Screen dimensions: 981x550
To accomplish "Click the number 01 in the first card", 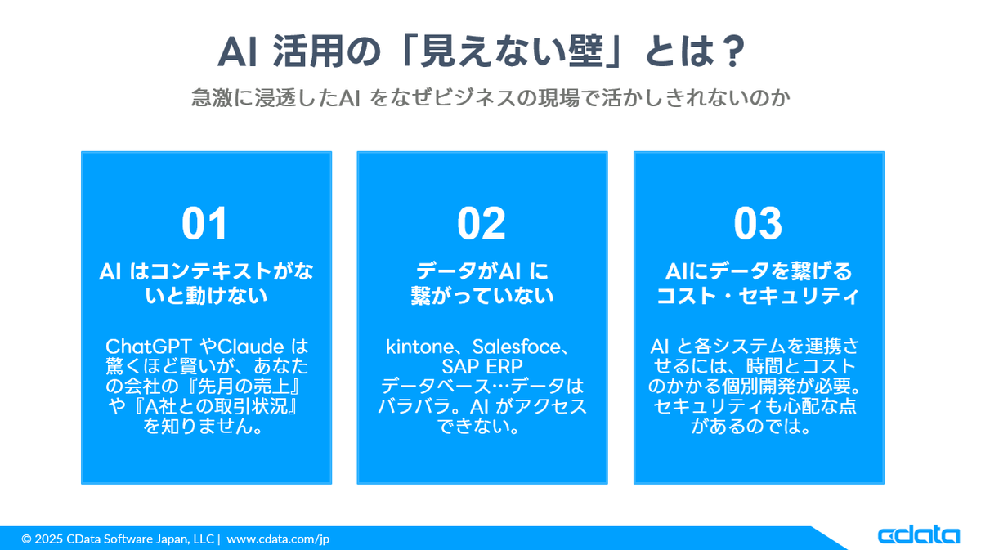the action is pyautogui.click(x=204, y=223).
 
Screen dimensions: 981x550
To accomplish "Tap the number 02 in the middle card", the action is pyautogui.click(x=482, y=223).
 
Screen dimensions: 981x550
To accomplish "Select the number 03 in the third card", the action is pyautogui.click(x=758, y=223).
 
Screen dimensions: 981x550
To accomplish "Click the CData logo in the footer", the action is pyautogui.click(x=918, y=535).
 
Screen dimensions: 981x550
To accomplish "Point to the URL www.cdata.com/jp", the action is pyautogui.click(x=278, y=539).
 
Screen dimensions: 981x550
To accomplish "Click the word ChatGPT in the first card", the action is pyautogui.click(x=149, y=347).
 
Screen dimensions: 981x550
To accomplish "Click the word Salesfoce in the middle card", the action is pyautogui.click(x=517, y=347).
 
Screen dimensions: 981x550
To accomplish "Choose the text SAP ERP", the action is pyautogui.click(x=482, y=366).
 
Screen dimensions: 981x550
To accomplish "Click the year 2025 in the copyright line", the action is pyautogui.click(x=48, y=539).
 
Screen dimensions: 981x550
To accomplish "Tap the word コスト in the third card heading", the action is pyautogui.click(x=686, y=296).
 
